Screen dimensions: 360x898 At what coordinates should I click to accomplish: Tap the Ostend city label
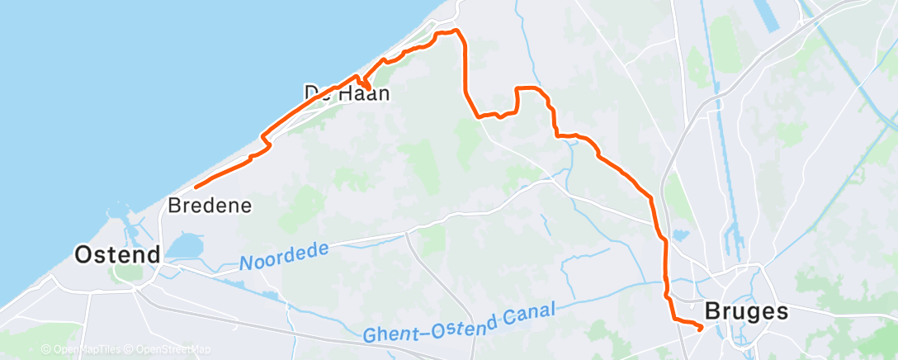click(117, 254)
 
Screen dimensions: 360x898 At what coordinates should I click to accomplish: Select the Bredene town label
click(209, 204)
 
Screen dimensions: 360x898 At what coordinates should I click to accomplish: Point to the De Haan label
click(347, 92)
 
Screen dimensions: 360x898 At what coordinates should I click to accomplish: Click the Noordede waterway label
click(284, 256)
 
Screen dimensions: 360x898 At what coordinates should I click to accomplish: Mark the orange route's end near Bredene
click(196, 187)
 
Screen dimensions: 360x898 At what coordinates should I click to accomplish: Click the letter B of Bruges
click(712, 311)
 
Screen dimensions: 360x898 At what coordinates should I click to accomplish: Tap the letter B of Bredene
click(173, 204)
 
